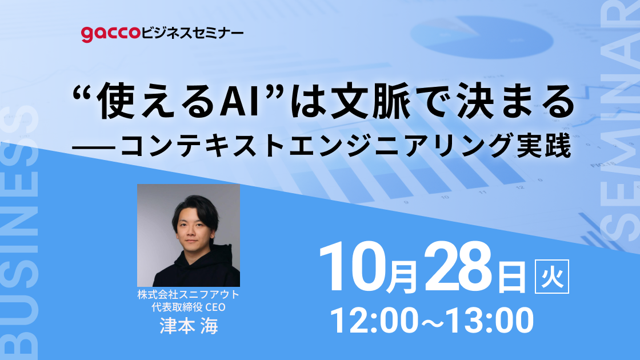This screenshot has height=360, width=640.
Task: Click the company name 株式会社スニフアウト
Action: [188, 295]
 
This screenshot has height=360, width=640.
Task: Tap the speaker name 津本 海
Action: [188, 326]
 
